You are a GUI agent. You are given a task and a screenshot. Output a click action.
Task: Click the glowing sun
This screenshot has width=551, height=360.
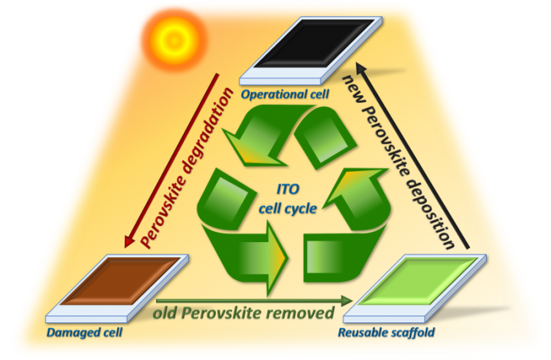tap(174, 40)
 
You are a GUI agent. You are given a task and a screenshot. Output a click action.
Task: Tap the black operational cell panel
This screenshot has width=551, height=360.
tap(311, 50)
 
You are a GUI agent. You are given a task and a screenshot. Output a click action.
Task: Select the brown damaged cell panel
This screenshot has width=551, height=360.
tap(117, 288)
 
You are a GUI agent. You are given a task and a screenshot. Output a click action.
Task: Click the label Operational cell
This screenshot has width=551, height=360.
tap(285, 94)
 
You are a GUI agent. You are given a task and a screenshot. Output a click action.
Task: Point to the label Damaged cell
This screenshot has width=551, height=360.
tap(84, 332)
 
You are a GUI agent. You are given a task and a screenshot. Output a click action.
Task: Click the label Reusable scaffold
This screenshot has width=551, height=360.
tap(386, 332)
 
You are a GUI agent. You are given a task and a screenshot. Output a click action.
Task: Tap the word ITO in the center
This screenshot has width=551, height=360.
tap(288, 189)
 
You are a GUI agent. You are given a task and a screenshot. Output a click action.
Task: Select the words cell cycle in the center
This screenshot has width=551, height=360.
tap(288, 208)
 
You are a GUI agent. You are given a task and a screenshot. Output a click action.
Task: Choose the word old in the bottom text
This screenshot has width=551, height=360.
tap(165, 313)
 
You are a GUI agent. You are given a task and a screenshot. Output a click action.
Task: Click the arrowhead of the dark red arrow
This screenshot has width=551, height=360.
tap(130, 241)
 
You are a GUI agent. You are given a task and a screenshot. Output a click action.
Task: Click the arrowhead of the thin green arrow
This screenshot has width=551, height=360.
tap(347, 300)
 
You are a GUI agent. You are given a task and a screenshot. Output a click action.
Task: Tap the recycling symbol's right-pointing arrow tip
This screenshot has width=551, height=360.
tap(289, 258)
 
